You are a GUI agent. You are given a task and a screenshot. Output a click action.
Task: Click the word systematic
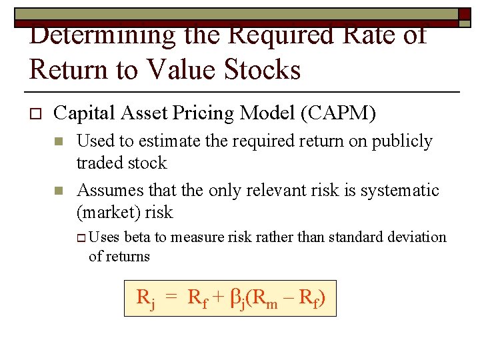pos(400,191)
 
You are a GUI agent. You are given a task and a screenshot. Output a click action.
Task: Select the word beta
pos(137,237)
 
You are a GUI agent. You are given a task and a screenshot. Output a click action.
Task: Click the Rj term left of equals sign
pos(145,299)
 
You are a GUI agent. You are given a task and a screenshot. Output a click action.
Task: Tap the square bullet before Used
pos(59,142)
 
